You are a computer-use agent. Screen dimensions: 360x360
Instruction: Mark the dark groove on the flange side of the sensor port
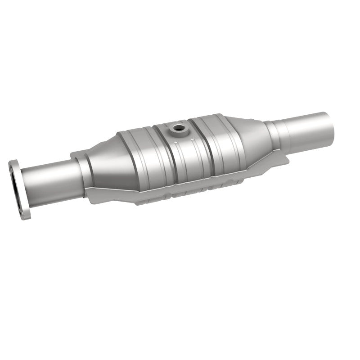[x=157, y=153]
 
